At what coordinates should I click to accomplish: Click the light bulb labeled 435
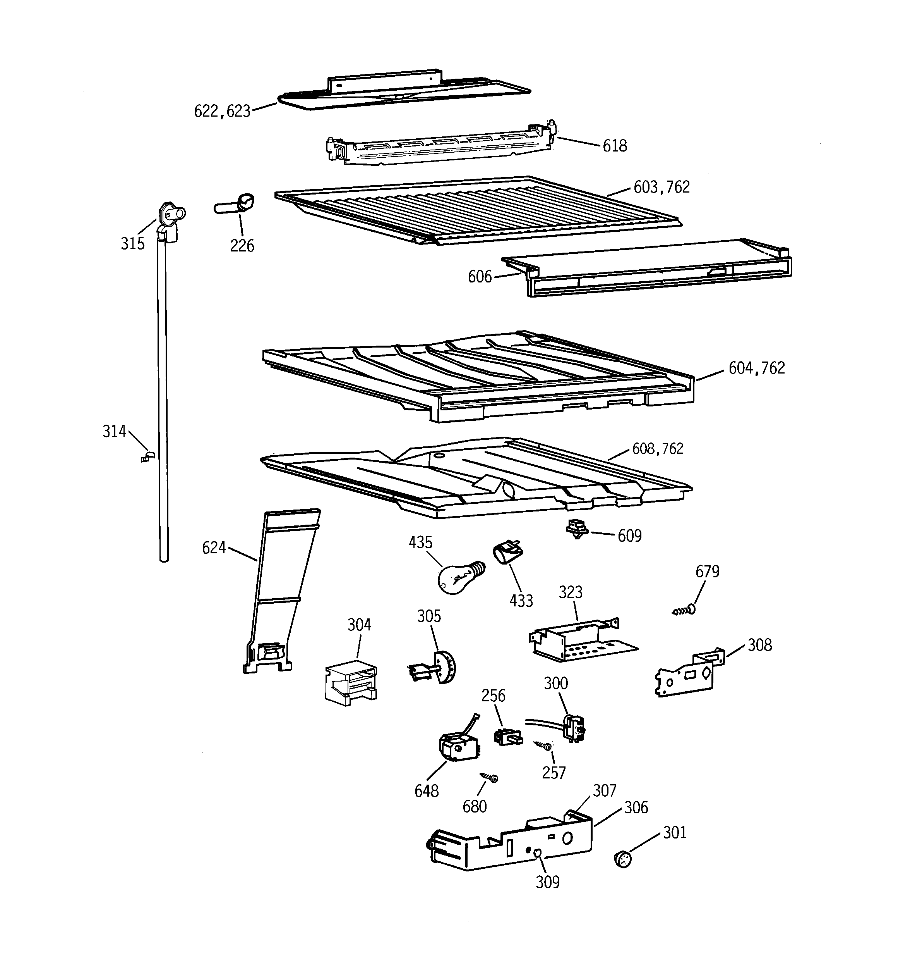pos(456,578)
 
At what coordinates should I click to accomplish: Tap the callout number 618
pos(615,146)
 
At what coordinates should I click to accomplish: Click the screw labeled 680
pos(489,777)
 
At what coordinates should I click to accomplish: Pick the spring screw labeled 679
pos(684,611)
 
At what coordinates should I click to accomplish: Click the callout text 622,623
pos(222,112)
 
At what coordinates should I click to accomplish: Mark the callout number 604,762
pos(756,368)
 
